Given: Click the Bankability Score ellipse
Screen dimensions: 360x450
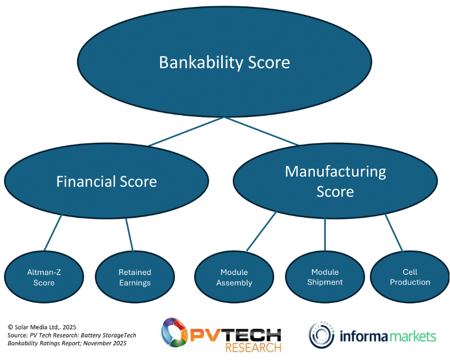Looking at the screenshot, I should (224, 62).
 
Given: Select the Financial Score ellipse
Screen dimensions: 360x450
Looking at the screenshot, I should (106, 181).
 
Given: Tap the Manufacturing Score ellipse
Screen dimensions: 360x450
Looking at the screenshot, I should (335, 181).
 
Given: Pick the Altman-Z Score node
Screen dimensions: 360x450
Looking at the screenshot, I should (44, 277).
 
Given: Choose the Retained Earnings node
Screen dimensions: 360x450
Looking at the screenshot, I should (135, 277).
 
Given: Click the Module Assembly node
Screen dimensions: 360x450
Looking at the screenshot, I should (234, 277).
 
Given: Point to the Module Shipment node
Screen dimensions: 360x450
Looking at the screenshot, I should (325, 277).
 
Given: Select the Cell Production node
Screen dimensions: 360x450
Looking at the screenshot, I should (410, 277).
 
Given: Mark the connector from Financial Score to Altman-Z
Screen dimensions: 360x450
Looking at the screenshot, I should (53, 232).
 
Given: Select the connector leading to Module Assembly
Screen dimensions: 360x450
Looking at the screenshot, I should (261, 231).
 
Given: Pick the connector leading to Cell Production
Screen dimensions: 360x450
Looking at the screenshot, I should (394, 233).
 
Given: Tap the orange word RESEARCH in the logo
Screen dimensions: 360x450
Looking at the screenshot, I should (253, 348).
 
